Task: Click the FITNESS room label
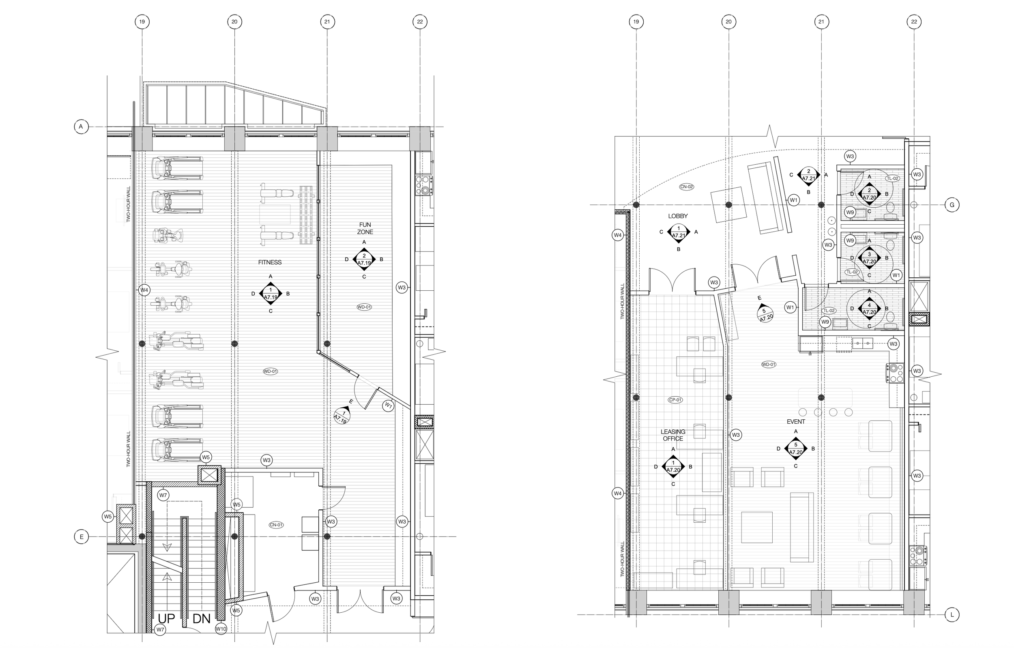click(x=269, y=262)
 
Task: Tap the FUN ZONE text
click(x=365, y=228)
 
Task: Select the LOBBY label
click(x=677, y=216)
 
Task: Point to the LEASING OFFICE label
click(x=672, y=435)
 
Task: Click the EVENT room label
click(x=795, y=421)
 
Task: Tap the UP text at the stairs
click(x=166, y=618)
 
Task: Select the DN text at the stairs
click(x=201, y=618)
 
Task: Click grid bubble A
click(x=81, y=127)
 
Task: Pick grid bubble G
click(x=952, y=205)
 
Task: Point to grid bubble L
click(x=952, y=615)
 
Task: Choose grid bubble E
click(x=81, y=536)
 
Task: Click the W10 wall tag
click(x=221, y=629)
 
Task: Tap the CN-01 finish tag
click(x=276, y=525)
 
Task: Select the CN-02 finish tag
click(x=686, y=187)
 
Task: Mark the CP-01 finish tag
click(x=675, y=400)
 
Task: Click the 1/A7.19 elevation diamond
click(x=271, y=294)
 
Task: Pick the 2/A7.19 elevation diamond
click(x=364, y=260)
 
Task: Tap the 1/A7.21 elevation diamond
click(x=679, y=232)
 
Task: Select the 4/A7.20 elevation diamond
click(x=869, y=309)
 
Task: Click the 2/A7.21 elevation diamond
click(x=808, y=175)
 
